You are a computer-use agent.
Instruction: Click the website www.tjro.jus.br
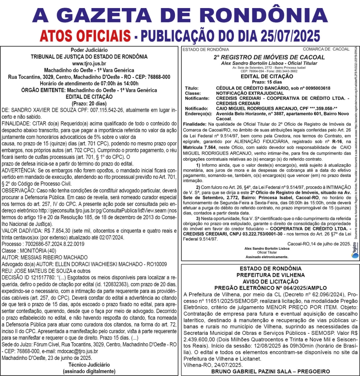coord(89,63)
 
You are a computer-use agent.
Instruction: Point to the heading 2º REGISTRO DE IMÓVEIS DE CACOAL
coord(269,57)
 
